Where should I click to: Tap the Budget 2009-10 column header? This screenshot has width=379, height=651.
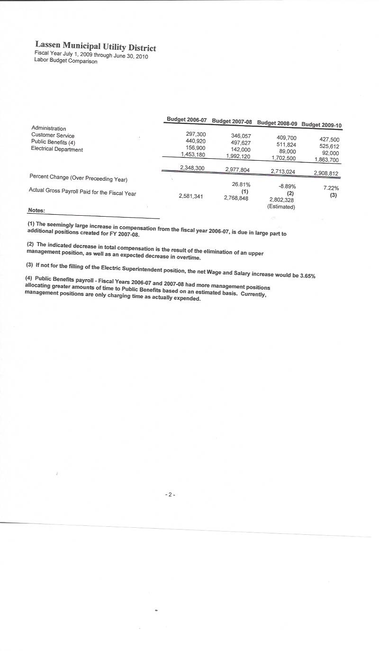322,125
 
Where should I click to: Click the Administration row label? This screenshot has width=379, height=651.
49,128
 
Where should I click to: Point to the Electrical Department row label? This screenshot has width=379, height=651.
57,149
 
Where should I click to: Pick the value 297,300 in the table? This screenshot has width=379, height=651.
196,135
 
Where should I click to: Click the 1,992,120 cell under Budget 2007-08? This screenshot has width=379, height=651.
238,156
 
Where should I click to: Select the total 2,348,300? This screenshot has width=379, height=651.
192,168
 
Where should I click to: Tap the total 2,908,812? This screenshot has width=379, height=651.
326,173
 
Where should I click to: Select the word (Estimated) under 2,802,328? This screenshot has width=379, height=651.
281,207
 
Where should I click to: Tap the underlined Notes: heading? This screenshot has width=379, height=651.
36,210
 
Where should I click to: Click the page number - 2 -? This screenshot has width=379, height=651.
171,495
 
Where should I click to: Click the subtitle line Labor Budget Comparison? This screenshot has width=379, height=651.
66,61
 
